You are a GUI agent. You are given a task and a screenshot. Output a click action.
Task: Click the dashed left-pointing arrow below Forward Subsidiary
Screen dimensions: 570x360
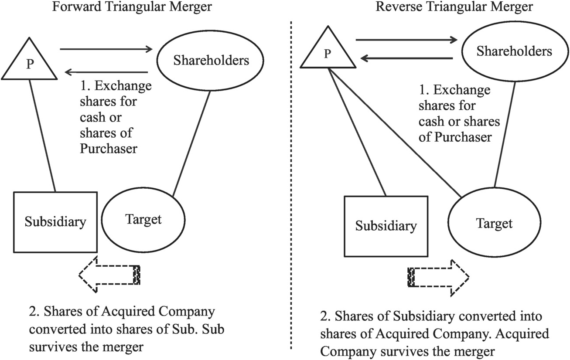[x=109, y=275]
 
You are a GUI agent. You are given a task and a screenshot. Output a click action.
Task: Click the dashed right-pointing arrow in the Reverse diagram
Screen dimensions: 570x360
[x=438, y=278]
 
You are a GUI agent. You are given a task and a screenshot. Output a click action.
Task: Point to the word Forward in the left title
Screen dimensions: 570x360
[x=77, y=7]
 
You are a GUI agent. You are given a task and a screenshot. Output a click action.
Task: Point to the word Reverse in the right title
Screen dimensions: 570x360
[x=399, y=7]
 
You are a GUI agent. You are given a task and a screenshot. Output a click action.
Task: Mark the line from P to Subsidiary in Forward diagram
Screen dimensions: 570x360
[x=42, y=136]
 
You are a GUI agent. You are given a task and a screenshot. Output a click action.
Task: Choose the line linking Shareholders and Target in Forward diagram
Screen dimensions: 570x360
[x=191, y=144]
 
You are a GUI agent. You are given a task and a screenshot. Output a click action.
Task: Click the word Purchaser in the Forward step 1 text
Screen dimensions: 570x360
[x=109, y=149]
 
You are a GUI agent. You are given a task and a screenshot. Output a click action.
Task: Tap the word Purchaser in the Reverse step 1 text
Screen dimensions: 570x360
[x=463, y=137]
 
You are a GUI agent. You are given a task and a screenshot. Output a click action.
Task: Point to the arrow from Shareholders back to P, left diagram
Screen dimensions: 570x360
[x=106, y=72]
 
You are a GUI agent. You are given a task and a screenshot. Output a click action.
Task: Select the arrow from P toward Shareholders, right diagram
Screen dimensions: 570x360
[x=406, y=40]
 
